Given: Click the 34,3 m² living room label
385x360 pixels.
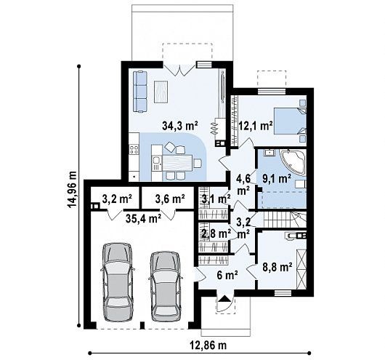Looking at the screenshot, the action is tap(180, 126).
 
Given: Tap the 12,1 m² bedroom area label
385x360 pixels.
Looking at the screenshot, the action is tap(256, 126).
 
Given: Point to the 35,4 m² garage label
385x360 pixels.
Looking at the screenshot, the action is tap(143, 218).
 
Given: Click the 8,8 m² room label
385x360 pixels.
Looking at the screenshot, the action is tap(277, 267).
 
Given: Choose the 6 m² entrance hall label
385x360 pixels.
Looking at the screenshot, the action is tap(227, 275).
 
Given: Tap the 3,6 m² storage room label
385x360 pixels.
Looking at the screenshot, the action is tap(170, 199).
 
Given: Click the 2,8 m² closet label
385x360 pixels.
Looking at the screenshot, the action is tap(216, 233).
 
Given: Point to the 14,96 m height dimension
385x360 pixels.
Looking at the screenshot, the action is tap(73, 189).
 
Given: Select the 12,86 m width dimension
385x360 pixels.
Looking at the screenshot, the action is tap(208, 345).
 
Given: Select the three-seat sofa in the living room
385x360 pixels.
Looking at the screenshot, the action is tap(140, 92).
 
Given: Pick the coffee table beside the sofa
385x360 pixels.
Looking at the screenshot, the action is tap(161, 92).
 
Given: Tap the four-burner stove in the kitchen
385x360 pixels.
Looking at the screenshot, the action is tap(134, 150).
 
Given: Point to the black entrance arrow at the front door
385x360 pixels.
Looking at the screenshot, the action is tap(224, 298).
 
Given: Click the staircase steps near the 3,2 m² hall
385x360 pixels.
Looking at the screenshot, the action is tap(285, 220).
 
